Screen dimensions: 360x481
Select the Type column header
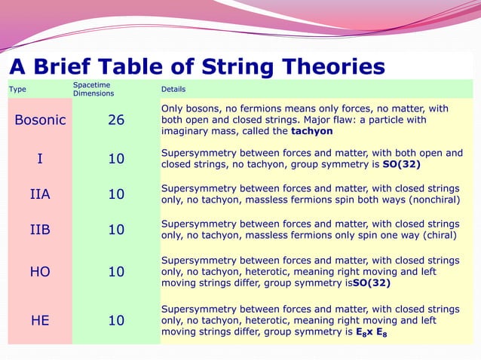click(x=17, y=89)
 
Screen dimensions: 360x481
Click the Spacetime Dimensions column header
click(x=93, y=89)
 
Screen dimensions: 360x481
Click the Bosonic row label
click(x=40, y=120)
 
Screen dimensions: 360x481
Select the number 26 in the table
click(x=116, y=120)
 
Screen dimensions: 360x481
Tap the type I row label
click(x=40, y=159)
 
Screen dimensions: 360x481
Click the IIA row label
click(x=40, y=194)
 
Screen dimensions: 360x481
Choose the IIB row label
click(x=40, y=230)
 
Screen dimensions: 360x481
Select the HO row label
click(x=40, y=272)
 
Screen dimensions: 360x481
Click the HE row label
click(x=40, y=320)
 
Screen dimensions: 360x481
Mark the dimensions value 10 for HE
click(x=116, y=320)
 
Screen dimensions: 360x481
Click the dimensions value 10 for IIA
click(x=116, y=194)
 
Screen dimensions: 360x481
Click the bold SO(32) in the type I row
click(x=400, y=164)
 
